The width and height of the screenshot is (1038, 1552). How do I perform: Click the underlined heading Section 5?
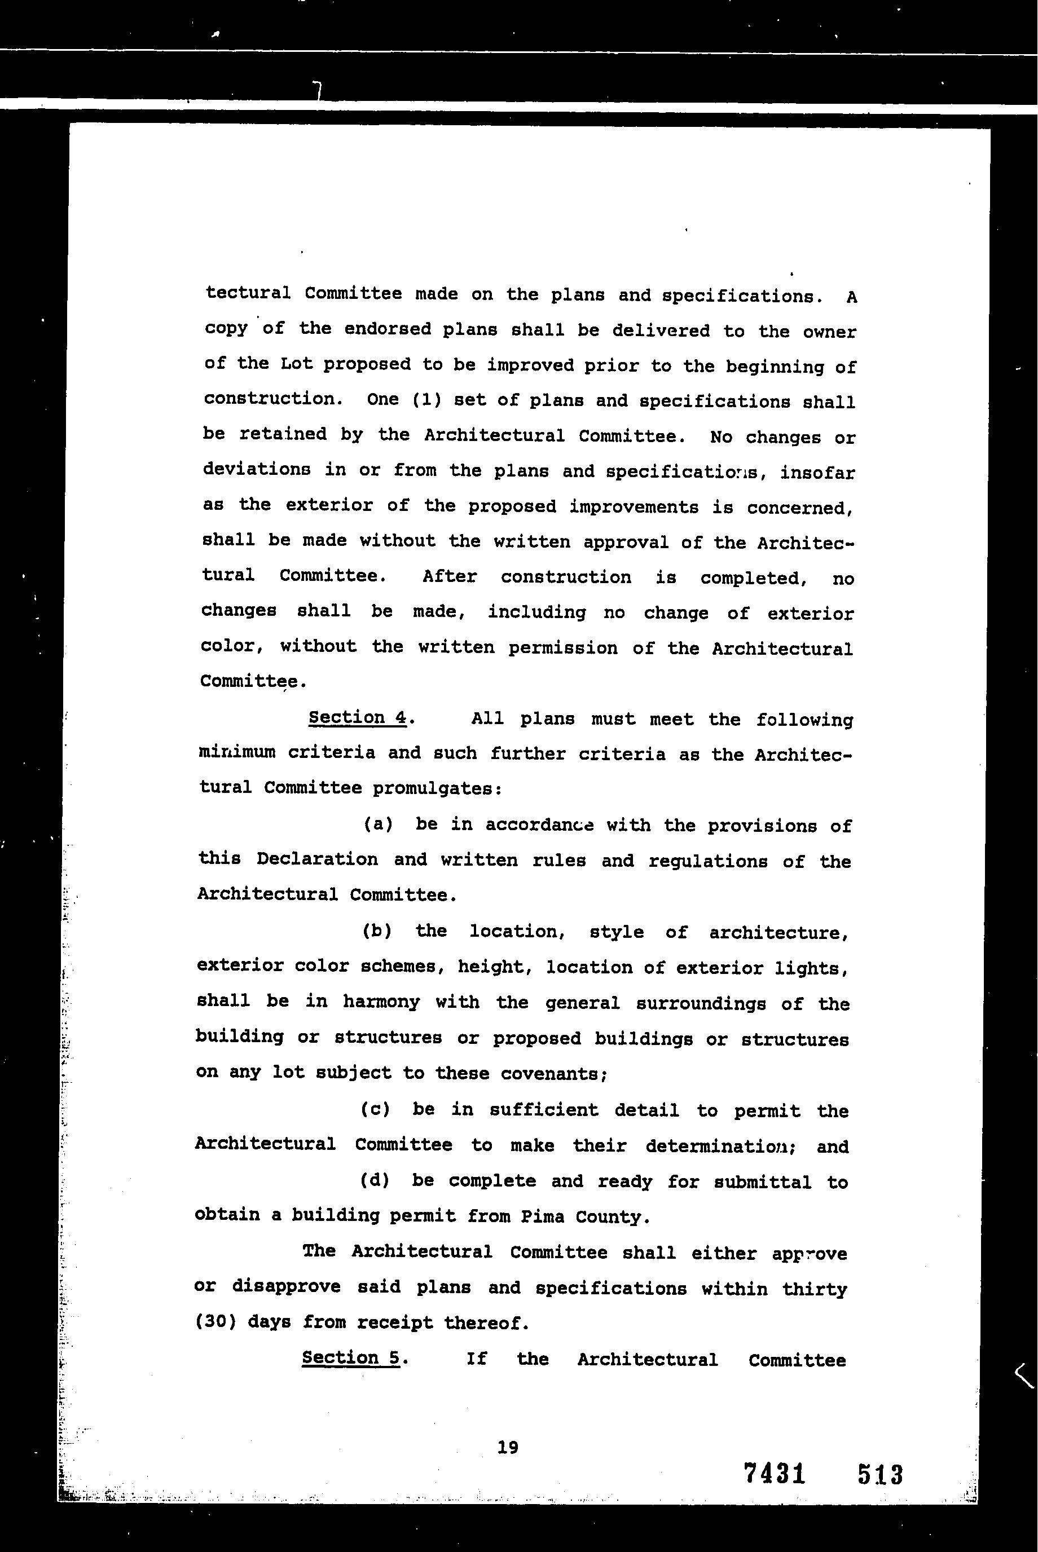tap(351, 1358)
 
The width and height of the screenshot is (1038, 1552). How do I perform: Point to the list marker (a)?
tap(378, 824)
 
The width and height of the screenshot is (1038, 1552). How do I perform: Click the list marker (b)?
tap(377, 931)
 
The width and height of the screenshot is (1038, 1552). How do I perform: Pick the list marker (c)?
tap(375, 1109)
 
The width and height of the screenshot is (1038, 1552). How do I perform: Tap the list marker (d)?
tap(375, 1180)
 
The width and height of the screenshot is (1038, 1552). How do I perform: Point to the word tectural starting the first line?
tap(248, 293)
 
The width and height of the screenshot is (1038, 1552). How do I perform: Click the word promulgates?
tap(437, 788)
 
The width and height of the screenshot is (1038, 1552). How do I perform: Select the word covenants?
tap(553, 1073)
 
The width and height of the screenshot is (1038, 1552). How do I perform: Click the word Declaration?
tap(317, 859)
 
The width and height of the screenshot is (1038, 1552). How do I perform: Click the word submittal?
tap(762, 1181)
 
